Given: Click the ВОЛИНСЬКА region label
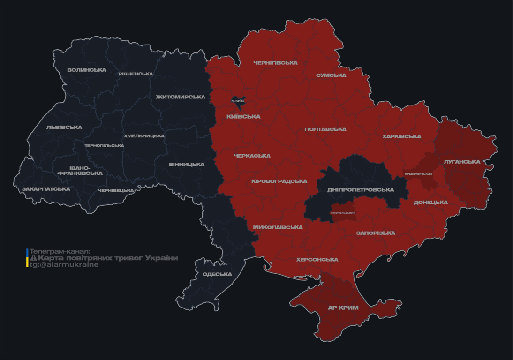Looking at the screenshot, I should tap(87, 70).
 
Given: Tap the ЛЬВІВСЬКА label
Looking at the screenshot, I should tap(64, 127).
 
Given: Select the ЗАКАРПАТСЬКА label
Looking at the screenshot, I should tap(46, 189).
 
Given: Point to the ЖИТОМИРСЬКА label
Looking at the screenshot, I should tap(181, 97).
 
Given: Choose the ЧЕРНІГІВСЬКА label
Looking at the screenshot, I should tap(275, 63).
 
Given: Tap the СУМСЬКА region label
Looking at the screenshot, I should tap(331, 75).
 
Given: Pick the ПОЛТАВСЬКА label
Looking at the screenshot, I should tap(325, 129).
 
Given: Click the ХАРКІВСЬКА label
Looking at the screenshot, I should tap(401, 137).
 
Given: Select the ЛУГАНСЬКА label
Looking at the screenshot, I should tap(462, 162).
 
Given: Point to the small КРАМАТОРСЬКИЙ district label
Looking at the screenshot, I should tap(418, 174).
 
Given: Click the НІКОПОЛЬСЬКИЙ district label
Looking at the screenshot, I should tap(343, 213).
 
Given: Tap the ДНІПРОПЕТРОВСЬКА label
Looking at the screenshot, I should tap(361, 190).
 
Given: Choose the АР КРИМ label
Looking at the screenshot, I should tap(343, 308).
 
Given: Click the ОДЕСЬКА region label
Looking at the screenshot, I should tap(217, 274).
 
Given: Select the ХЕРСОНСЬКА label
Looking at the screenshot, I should tap(317, 260).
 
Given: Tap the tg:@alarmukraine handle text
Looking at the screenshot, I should tap(64, 265).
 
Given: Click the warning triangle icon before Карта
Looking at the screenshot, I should tap(33, 258).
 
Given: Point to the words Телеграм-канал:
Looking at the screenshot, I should tap(60, 251).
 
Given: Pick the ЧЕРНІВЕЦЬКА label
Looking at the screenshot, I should tap(116, 191).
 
